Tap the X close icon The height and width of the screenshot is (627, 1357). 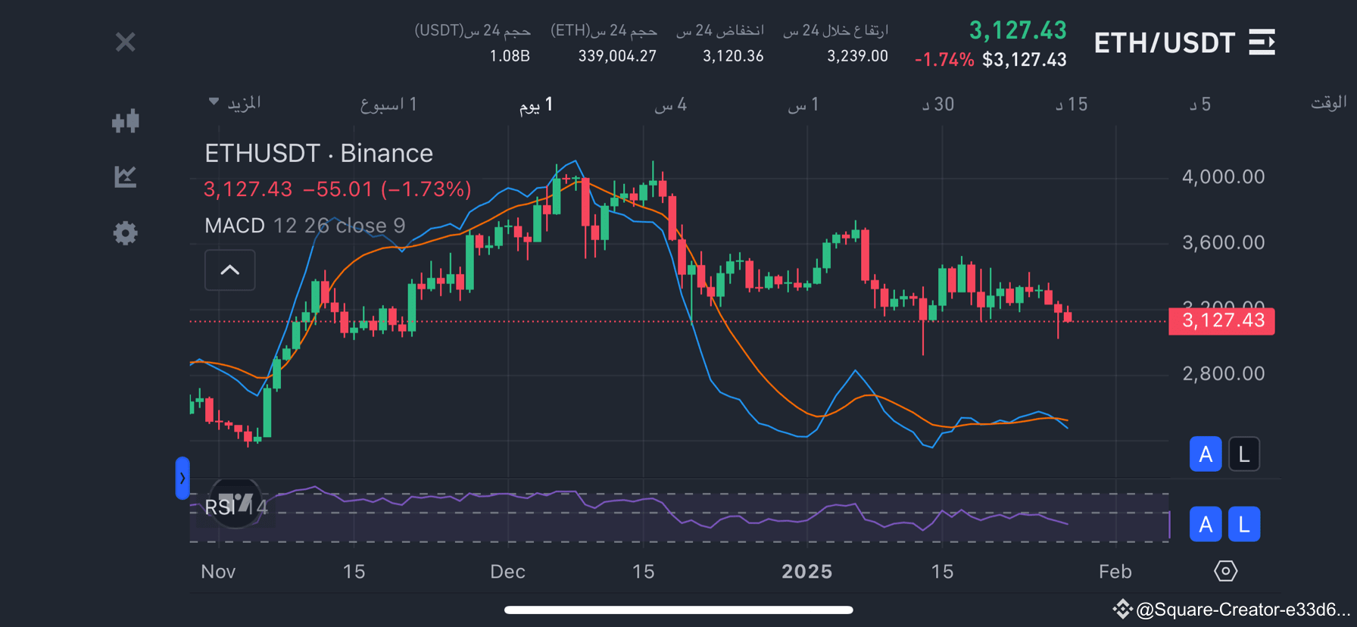click(x=126, y=42)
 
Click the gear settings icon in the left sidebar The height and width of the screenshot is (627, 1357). click(x=126, y=232)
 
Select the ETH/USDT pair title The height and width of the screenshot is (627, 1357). click(x=1164, y=43)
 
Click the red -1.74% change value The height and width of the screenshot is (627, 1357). click(x=944, y=60)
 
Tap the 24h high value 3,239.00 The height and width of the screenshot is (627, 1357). click(x=857, y=56)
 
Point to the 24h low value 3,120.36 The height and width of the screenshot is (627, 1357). click(x=733, y=56)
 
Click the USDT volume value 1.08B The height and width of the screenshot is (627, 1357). click(x=510, y=56)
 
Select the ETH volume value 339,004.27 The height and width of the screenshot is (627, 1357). click(x=617, y=56)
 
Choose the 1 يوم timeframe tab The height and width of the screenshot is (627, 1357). click(x=536, y=104)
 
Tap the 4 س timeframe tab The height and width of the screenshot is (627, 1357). click(x=671, y=104)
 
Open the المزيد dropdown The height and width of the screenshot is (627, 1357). click(x=236, y=103)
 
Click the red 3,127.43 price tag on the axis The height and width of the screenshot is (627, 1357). click(x=1221, y=320)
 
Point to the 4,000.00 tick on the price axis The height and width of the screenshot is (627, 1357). click(x=1223, y=177)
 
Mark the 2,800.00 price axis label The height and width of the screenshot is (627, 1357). click(x=1223, y=373)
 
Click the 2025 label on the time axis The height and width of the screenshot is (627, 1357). click(x=806, y=572)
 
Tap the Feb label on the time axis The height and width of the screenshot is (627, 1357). click(x=1115, y=572)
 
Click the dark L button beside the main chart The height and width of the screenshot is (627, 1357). click(x=1243, y=454)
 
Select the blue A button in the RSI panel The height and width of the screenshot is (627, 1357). click(x=1205, y=524)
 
